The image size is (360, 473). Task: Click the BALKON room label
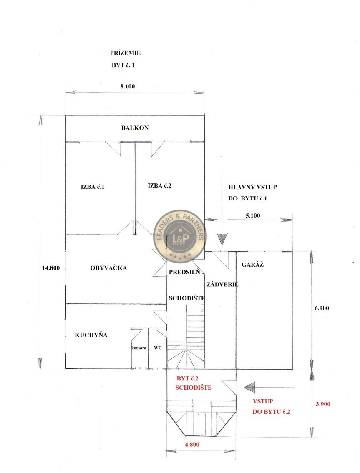click(135, 128)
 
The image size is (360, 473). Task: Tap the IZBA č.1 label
click(93, 187)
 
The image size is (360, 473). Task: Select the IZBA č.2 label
click(159, 186)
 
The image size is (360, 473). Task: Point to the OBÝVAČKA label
click(108, 268)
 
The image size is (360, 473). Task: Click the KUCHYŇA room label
click(91, 335)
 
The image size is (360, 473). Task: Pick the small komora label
click(139, 348)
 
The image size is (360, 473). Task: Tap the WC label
click(158, 348)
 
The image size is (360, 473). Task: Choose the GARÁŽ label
click(252, 265)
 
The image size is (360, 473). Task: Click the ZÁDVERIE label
click(222, 285)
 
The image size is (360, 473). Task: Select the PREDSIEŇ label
click(184, 272)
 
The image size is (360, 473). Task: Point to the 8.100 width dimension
click(128, 86)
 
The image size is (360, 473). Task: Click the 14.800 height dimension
click(51, 268)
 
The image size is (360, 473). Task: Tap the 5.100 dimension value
click(253, 216)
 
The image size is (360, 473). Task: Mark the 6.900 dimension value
click(322, 308)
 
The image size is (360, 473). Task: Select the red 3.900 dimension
click(323, 404)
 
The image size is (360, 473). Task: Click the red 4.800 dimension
click(192, 444)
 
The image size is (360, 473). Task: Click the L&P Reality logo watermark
click(180, 236)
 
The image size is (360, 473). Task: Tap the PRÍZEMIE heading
click(125, 53)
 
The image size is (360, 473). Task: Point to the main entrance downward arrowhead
click(222, 239)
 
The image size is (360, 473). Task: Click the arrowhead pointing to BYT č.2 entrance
click(249, 387)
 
